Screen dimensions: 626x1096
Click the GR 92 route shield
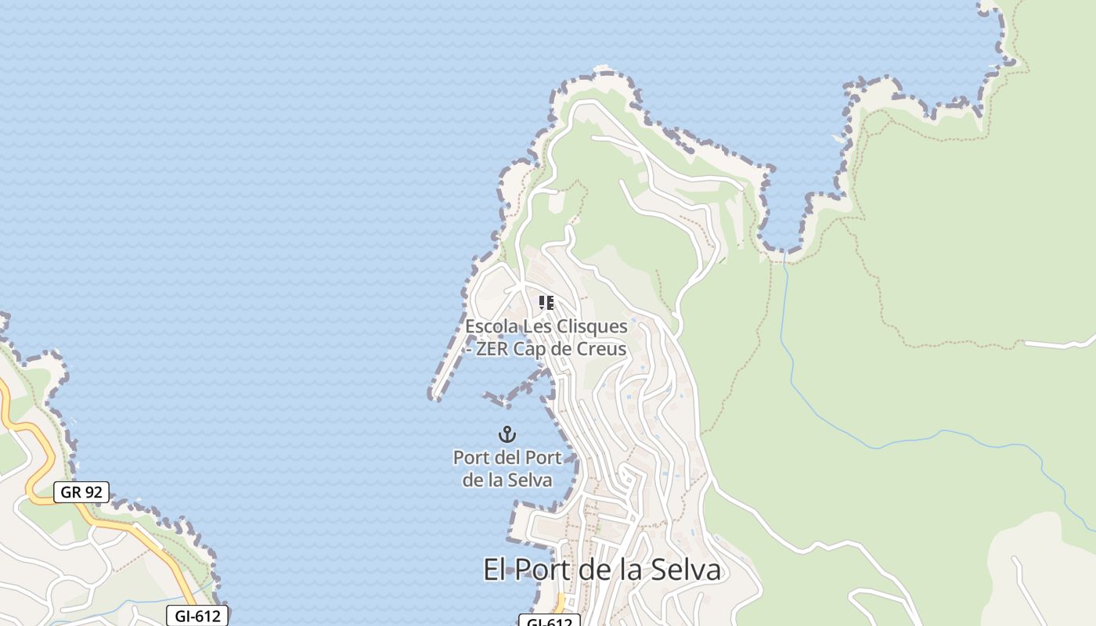click(81, 492)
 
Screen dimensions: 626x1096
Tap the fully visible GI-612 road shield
click(197, 616)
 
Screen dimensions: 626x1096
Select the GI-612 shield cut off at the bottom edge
click(549, 621)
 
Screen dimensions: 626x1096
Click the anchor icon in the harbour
click(507, 434)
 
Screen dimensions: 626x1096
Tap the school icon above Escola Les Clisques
click(546, 303)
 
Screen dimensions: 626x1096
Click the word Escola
click(492, 326)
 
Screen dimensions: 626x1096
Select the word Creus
click(604, 349)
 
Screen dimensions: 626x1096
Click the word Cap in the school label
click(530, 349)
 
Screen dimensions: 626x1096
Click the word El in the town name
click(493, 570)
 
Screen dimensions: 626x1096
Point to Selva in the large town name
click(686, 570)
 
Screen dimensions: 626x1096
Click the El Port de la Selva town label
click(601, 570)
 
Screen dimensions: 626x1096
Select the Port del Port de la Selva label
click(507, 468)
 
